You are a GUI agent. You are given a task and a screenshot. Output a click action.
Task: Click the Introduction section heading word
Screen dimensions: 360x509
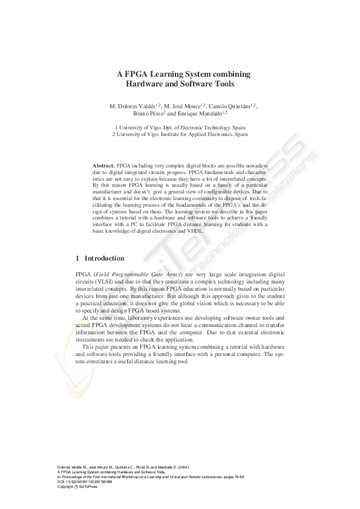[x=105, y=258]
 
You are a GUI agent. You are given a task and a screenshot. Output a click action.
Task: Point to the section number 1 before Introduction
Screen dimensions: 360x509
[x=77, y=258]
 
